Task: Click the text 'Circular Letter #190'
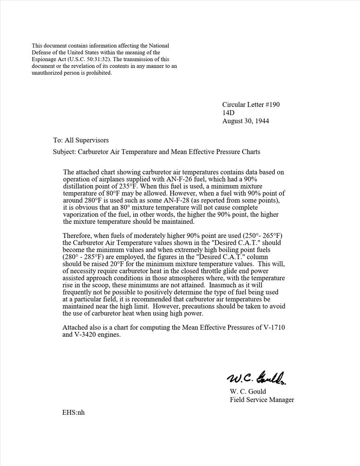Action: click(x=251, y=105)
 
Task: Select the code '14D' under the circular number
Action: click(x=228, y=113)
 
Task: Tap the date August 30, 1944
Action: click(x=245, y=121)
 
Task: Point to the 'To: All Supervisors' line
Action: click(x=81, y=141)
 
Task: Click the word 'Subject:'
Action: click(x=64, y=152)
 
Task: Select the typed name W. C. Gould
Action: click(x=248, y=391)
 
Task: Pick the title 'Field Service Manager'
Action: click(x=262, y=400)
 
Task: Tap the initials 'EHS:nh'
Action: click(x=73, y=413)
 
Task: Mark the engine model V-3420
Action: click(x=88, y=335)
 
